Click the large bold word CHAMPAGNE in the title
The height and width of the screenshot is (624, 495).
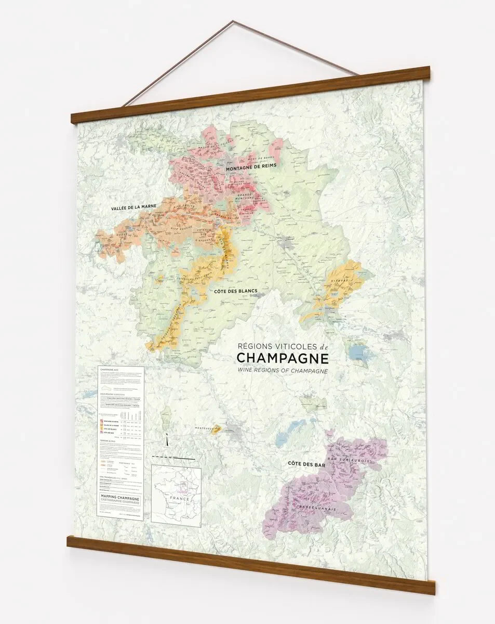pyautogui.click(x=282, y=358)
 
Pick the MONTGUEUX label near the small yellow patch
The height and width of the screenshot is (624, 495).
pyautogui.click(x=204, y=428)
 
